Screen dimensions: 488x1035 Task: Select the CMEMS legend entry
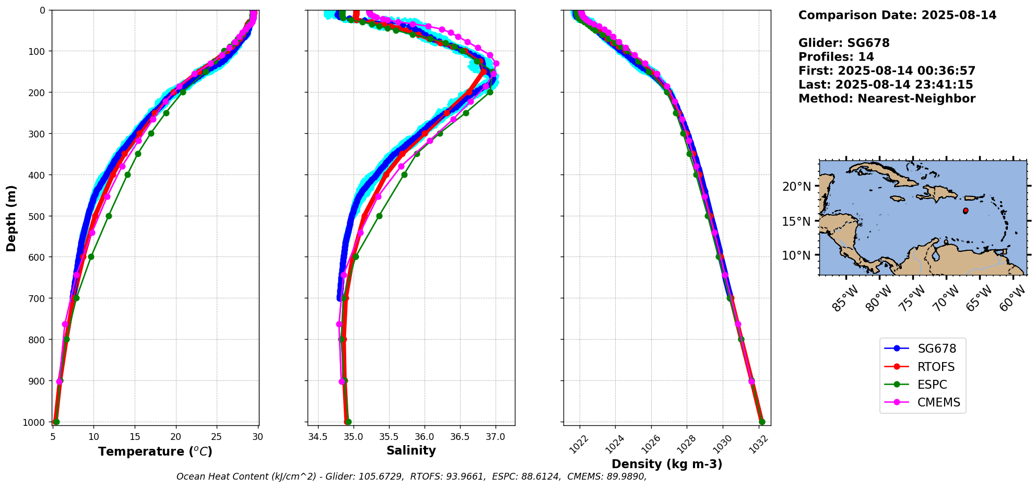click(938, 402)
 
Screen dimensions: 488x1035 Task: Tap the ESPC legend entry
click(932, 385)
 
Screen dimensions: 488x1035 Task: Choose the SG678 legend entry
click(937, 348)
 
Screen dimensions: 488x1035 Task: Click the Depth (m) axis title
click(11, 218)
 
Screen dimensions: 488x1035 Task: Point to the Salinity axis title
click(411, 450)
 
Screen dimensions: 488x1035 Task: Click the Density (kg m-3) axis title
click(667, 464)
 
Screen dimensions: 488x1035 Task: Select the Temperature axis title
click(155, 451)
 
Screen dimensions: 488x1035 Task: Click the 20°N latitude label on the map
click(796, 187)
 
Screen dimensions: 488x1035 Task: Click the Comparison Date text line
click(897, 15)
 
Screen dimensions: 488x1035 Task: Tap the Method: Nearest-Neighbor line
click(887, 98)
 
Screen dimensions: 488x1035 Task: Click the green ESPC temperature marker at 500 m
click(109, 216)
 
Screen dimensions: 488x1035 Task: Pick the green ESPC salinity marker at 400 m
click(404, 175)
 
